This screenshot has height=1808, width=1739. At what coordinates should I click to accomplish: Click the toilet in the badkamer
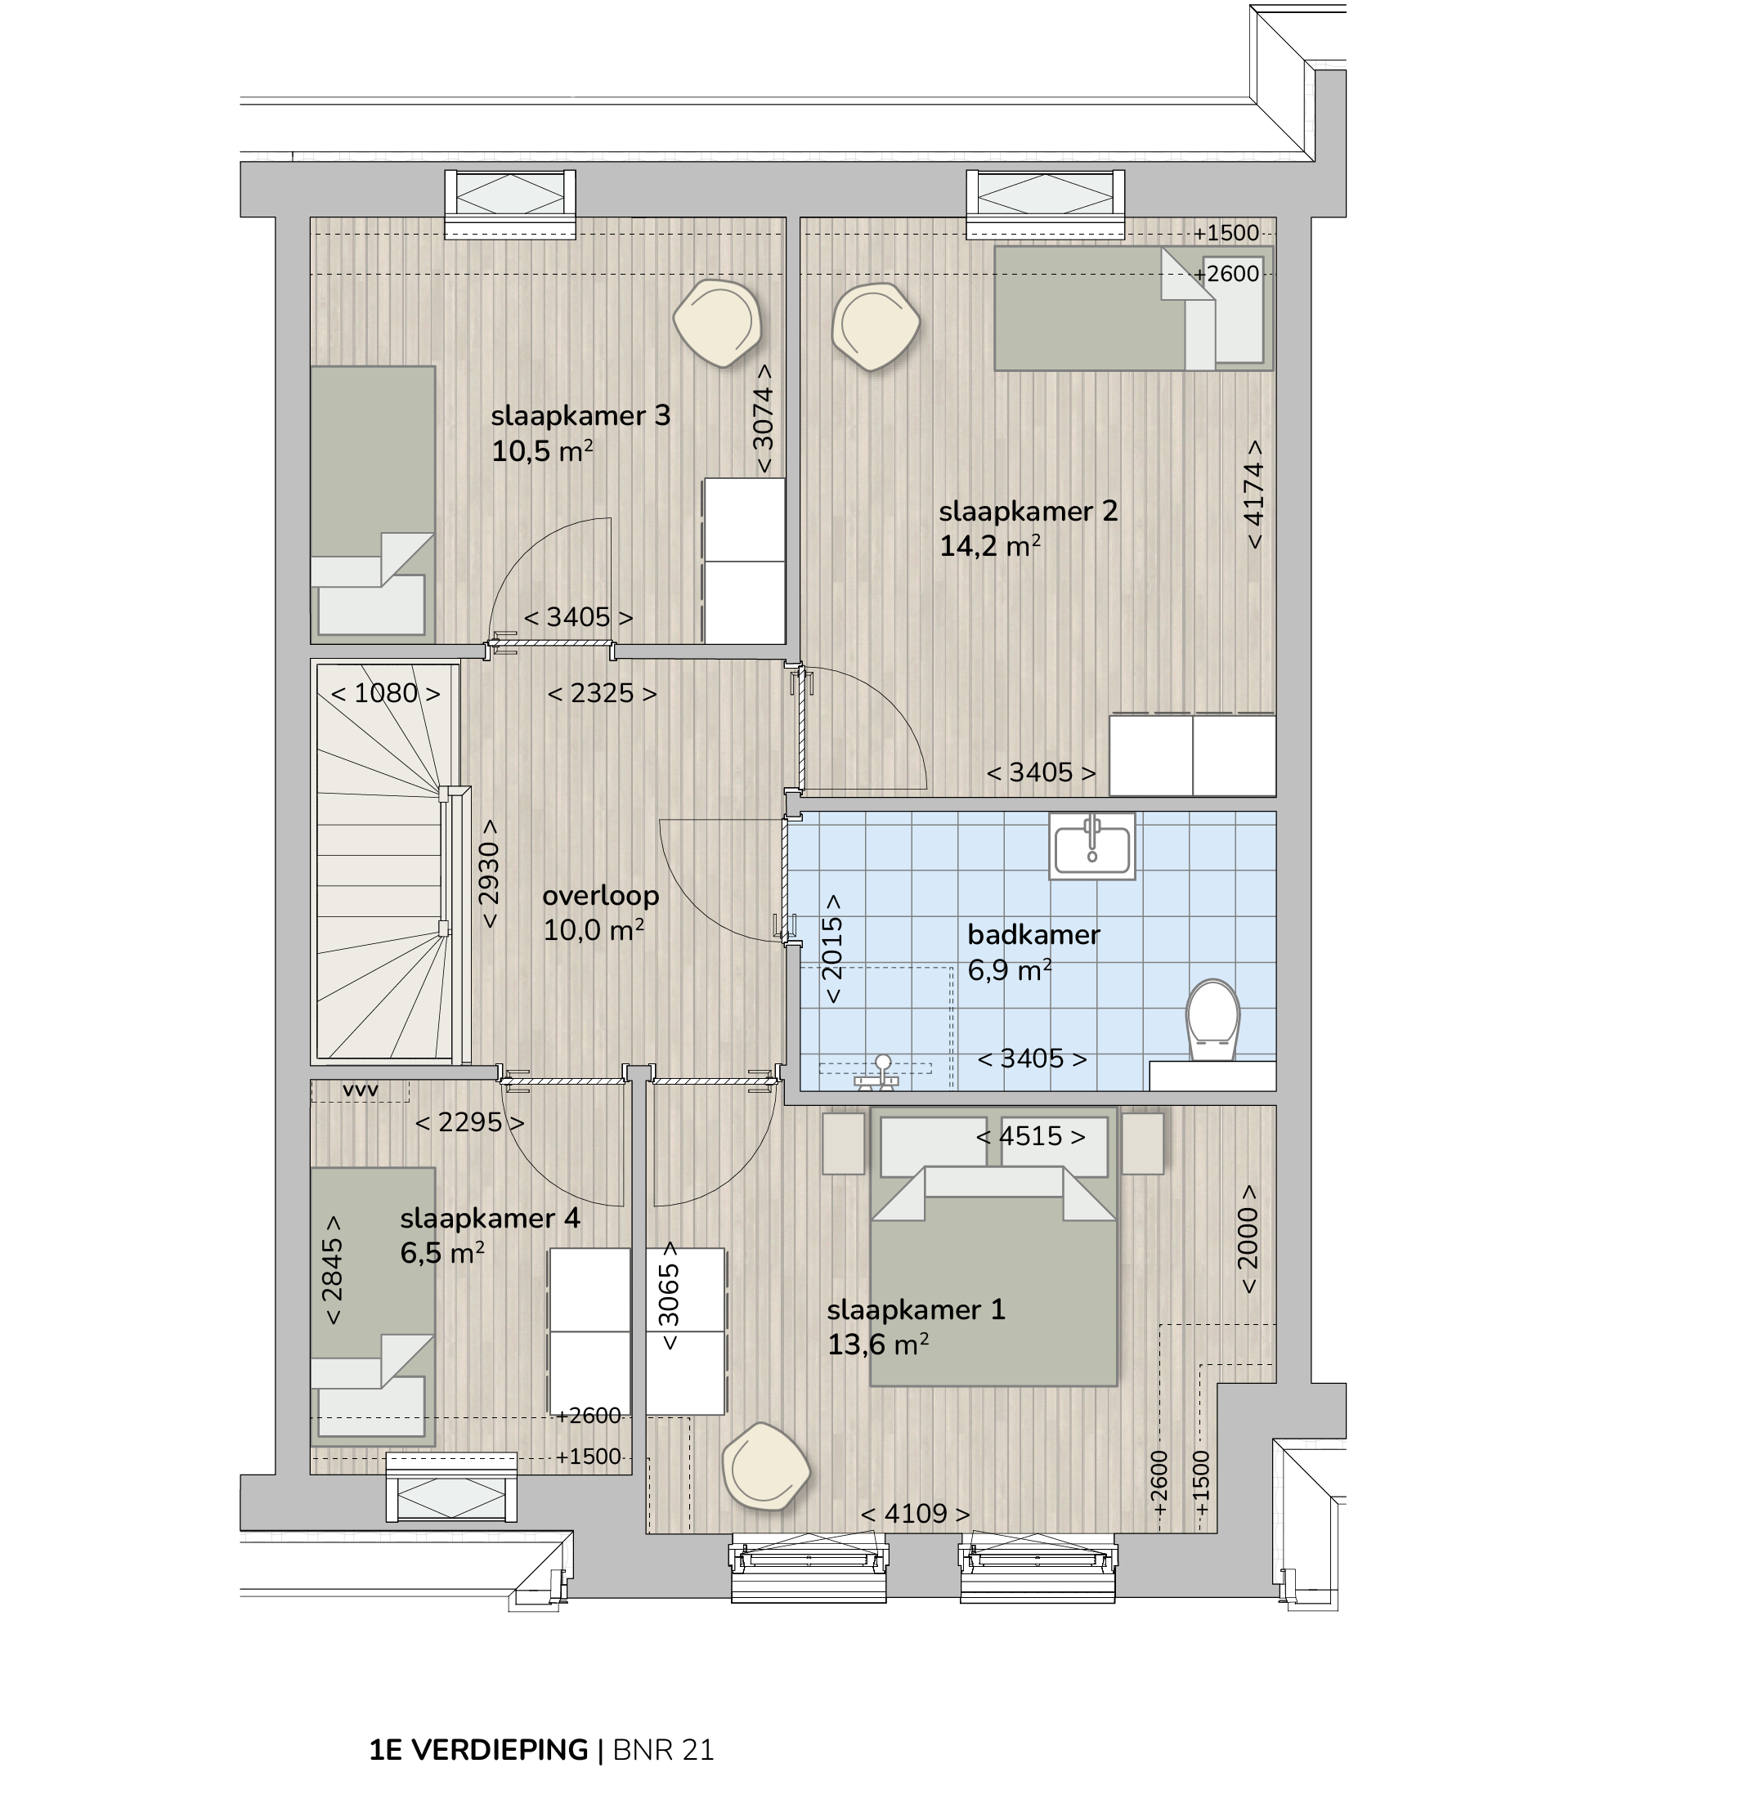(1212, 1019)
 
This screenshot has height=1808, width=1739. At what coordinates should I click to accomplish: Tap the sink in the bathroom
(1092, 846)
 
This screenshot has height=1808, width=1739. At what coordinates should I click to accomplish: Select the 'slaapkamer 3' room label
(580, 416)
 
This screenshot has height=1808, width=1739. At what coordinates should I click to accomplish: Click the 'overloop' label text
(601, 896)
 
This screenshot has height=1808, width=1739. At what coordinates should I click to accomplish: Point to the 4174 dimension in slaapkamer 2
(1253, 495)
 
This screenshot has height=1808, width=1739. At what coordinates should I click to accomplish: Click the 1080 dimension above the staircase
(386, 693)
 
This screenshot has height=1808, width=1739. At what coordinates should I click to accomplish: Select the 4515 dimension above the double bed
(1030, 1135)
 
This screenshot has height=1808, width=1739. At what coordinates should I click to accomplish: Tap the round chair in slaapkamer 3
(717, 323)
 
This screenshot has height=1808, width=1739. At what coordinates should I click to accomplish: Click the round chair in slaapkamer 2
(876, 327)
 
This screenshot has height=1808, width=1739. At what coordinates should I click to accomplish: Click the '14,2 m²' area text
(990, 546)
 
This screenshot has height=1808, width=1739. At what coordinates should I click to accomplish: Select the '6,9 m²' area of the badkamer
(1009, 970)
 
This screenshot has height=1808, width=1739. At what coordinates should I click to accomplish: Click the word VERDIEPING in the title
(499, 1750)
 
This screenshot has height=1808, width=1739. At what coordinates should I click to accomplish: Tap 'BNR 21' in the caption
(663, 1750)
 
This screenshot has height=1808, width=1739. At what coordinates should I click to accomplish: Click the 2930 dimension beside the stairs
(488, 873)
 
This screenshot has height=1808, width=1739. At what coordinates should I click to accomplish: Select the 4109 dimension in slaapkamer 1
(915, 1514)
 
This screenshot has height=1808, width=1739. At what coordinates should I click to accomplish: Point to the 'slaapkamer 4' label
(490, 1219)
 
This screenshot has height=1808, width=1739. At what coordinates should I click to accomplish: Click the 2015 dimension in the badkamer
(832, 948)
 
